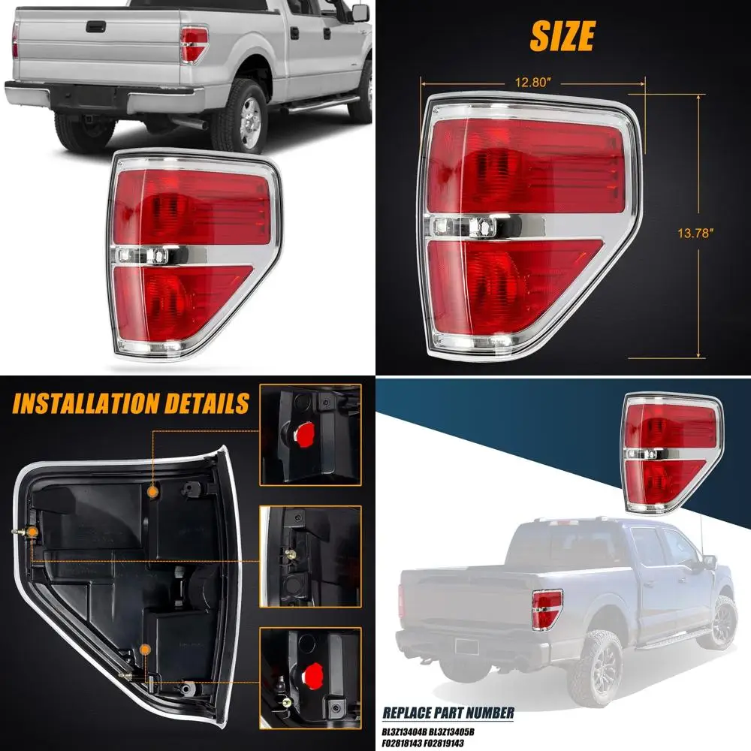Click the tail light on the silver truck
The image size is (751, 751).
point(194,44)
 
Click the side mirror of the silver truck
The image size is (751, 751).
point(360,13)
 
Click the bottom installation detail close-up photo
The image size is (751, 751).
point(310,673)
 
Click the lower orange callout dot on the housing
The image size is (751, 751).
point(146,647)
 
